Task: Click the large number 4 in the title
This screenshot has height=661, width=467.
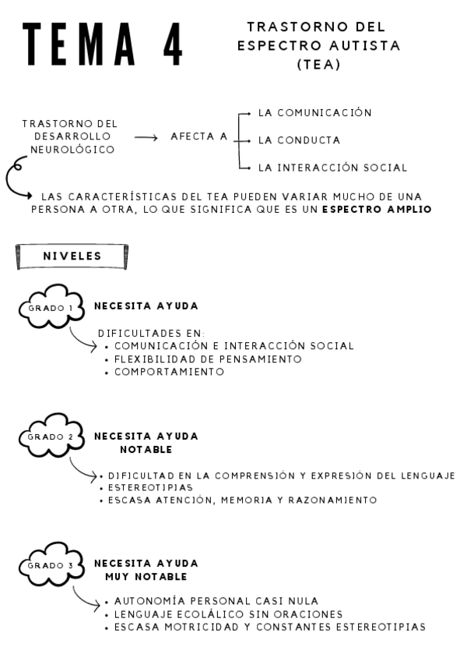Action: point(172,43)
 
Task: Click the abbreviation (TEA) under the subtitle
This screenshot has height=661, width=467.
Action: point(319,65)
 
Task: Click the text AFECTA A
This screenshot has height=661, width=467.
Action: point(199,136)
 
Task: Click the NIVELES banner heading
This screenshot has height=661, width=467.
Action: point(72,254)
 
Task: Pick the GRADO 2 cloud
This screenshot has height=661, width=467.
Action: point(51,437)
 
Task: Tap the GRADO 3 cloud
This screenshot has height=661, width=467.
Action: point(51,564)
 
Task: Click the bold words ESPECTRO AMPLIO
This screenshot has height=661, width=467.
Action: point(377,210)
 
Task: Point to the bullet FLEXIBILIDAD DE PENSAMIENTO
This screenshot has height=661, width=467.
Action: point(207,359)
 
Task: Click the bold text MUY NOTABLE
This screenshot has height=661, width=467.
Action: point(146,577)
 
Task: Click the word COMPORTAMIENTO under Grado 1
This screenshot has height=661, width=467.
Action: point(169,372)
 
